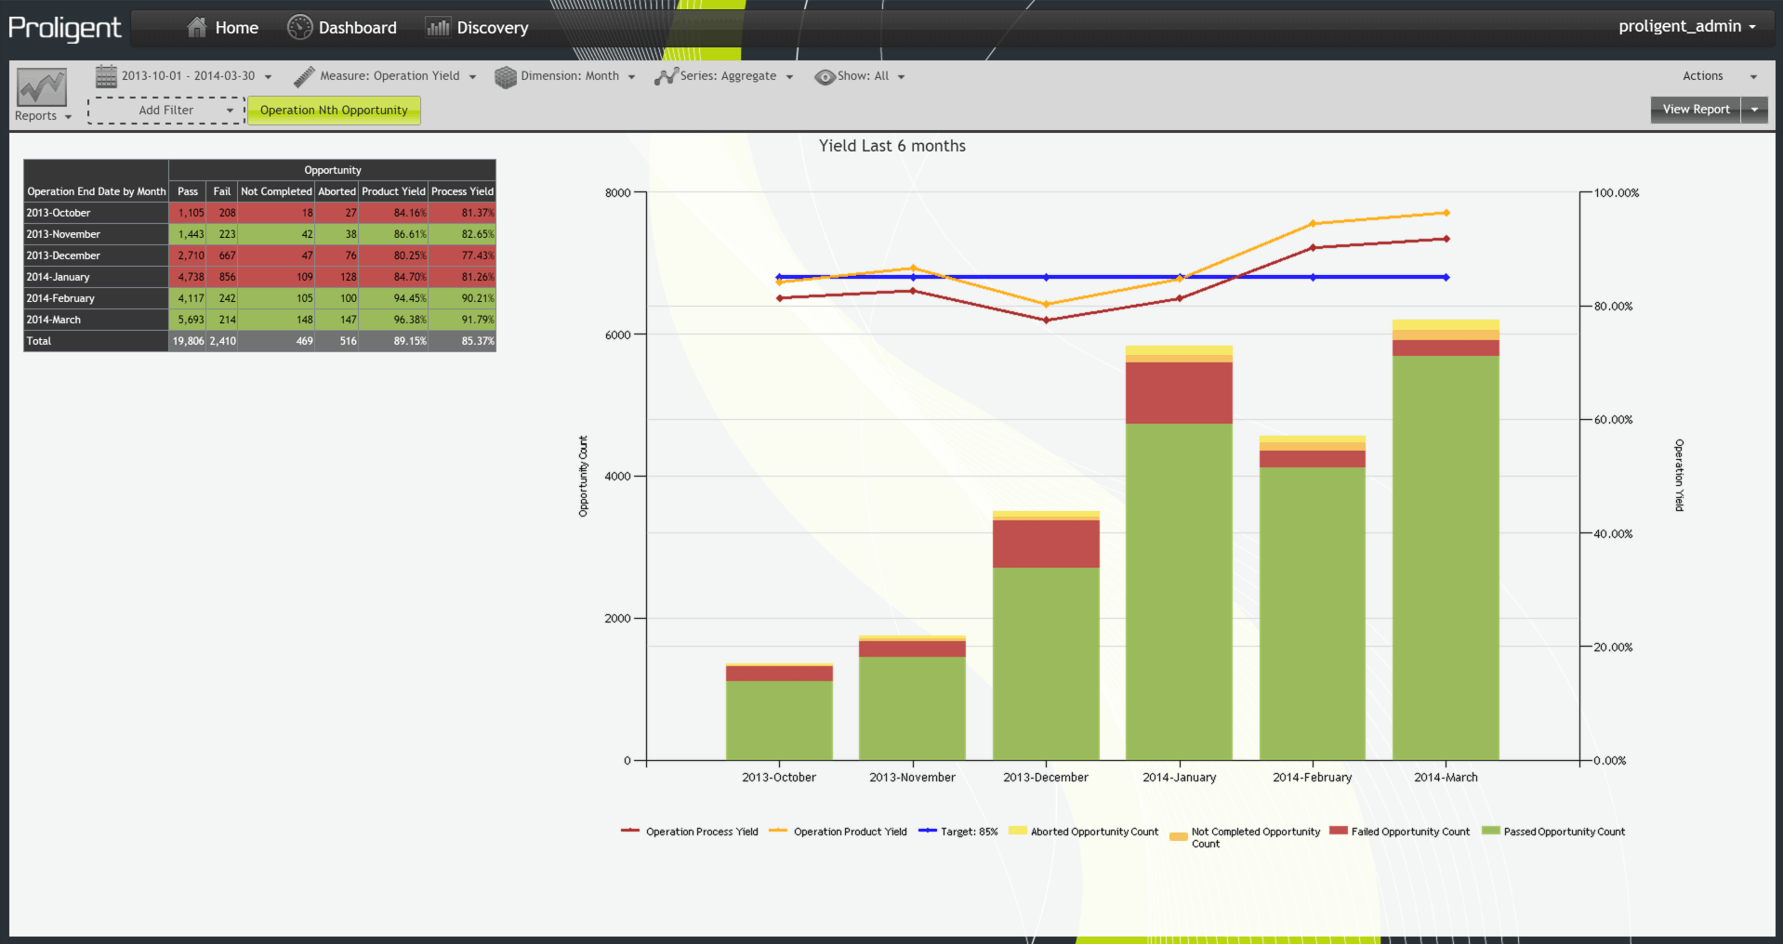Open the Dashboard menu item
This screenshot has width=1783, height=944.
pyautogui.click(x=342, y=28)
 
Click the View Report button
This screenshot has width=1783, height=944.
pyautogui.click(x=1696, y=110)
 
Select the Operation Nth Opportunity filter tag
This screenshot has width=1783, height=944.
pyautogui.click(x=334, y=111)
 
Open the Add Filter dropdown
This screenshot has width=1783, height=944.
pyautogui.click(x=167, y=111)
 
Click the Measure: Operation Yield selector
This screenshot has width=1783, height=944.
pyautogui.click(x=385, y=76)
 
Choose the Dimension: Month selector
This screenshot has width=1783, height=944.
pyautogui.click(x=565, y=76)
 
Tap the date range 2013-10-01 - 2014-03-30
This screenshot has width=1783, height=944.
pyautogui.click(x=186, y=76)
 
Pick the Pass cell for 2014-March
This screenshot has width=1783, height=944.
pyautogui.click(x=190, y=320)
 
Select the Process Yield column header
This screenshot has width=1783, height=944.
pyautogui.click(x=462, y=191)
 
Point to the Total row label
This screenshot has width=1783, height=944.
pyautogui.click(x=39, y=341)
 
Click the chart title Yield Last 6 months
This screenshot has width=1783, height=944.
pyautogui.click(x=891, y=146)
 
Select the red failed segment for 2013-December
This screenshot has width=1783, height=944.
pyautogui.click(x=1046, y=544)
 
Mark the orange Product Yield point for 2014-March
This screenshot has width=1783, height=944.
pyautogui.click(x=1446, y=213)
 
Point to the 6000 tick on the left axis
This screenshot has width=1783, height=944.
pyautogui.click(x=618, y=334)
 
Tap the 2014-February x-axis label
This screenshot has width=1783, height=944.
pyautogui.click(x=1312, y=778)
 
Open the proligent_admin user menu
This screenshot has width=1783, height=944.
pyautogui.click(x=1686, y=26)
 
